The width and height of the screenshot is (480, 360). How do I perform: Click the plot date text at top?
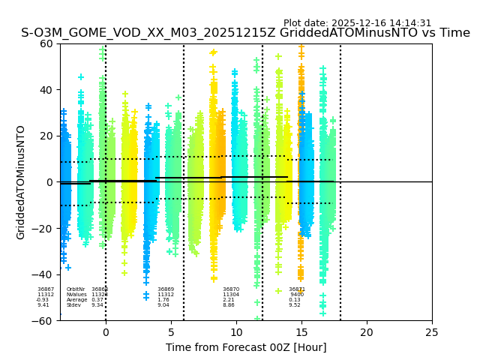(357, 23)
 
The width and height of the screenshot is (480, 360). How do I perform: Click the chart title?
(245, 33)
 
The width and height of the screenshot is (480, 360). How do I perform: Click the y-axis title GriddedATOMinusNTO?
(21, 182)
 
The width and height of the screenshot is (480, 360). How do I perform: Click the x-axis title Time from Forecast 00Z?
(246, 347)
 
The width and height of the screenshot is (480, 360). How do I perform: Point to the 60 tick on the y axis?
(47, 43)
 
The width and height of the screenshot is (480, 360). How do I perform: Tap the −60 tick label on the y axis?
(44, 320)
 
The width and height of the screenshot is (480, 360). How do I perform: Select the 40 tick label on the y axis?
(47, 90)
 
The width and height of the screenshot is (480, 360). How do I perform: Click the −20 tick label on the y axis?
(44, 229)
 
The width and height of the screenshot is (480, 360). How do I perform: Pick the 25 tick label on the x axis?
(432, 331)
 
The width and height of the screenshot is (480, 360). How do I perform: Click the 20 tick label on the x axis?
(367, 331)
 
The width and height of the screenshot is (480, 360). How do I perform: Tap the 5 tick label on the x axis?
(171, 331)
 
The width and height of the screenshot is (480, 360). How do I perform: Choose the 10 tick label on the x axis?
(236, 331)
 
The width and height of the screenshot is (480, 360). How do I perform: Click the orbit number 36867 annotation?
(46, 289)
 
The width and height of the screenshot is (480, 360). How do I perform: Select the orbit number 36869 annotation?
(166, 289)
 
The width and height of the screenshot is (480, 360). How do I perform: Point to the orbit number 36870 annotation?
(231, 289)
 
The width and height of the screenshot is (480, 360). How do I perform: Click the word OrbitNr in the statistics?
(76, 289)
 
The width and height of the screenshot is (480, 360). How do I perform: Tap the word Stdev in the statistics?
(73, 305)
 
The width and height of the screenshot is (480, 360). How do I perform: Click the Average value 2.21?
(229, 300)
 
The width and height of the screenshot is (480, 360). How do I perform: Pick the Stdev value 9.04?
(163, 305)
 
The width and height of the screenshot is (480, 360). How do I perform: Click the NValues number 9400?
(297, 295)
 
